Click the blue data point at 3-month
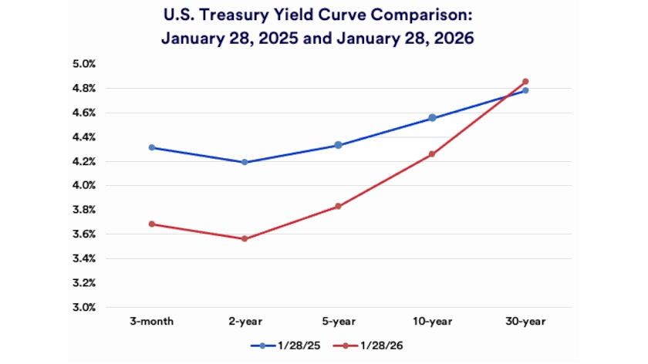[x=152, y=147]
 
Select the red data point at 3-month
[x=152, y=224]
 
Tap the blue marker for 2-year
[x=245, y=162]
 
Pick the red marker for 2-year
[x=245, y=239]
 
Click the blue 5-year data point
[x=339, y=145]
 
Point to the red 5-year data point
[x=339, y=207]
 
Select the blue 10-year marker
[x=432, y=118]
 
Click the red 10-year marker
[x=432, y=154]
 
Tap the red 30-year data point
[x=525, y=82]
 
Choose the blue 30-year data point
[x=525, y=91]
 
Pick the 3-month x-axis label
[x=152, y=319]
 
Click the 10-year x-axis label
[x=432, y=319]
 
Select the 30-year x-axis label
[x=525, y=319]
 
